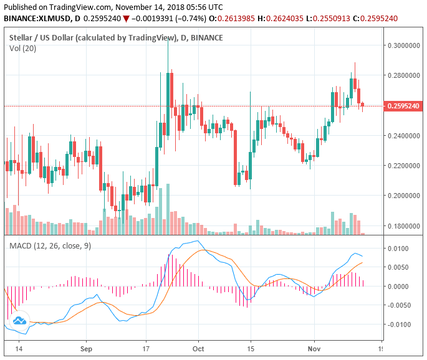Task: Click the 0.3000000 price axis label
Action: (x=404, y=45)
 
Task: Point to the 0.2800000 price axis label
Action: (x=404, y=75)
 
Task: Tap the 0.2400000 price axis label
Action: (x=404, y=136)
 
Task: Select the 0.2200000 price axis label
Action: (x=404, y=166)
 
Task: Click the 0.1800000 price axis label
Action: (x=404, y=225)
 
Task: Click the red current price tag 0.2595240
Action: (x=404, y=107)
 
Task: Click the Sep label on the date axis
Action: (x=87, y=349)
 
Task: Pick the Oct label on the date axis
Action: (x=198, y=349)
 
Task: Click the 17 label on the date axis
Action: (x=145, y=349)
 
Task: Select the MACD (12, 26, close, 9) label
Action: (x=50, y=246)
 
